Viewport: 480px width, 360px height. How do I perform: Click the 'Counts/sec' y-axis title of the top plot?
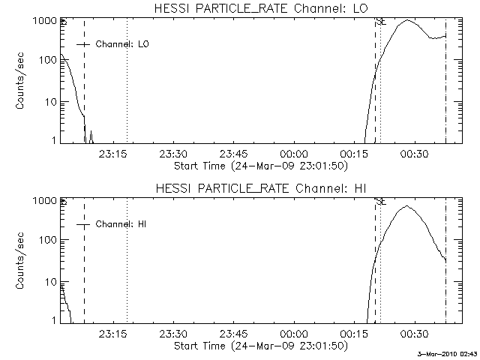pyautogui.click(x=22, y=81)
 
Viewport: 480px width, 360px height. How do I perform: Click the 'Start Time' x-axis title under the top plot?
pyautogui.click(x=260, y=165)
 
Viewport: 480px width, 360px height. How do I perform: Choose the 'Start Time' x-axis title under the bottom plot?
pyautogui.click(x=260, y=346)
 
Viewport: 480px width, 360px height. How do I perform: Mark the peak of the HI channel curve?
pyautogui.click(x=406, y=206)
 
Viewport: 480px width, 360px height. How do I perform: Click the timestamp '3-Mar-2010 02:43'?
pyautogui.click(x=448, y=354)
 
